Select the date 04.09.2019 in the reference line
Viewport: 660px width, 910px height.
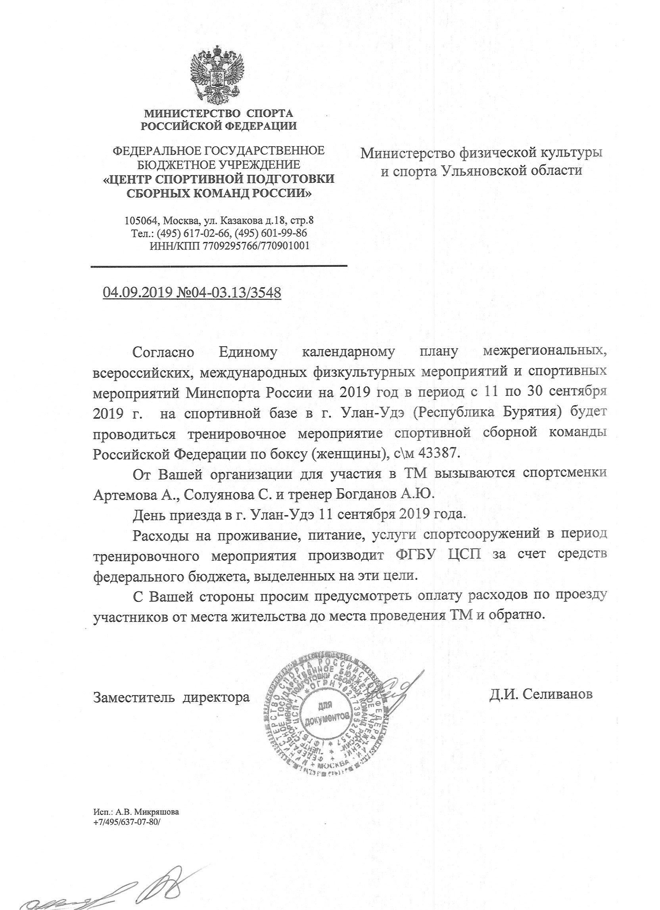[x=138, y=292]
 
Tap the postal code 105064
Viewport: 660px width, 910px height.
[x=141, y=221]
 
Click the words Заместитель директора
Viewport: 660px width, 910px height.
[x=171, y=698]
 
